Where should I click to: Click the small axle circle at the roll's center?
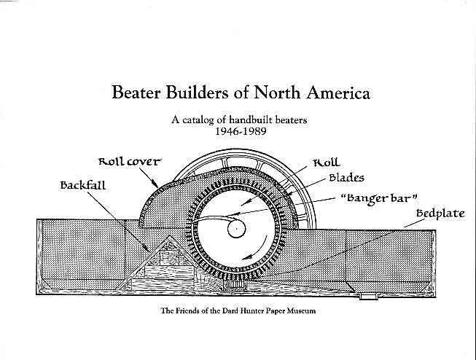(x=236, y=228)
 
